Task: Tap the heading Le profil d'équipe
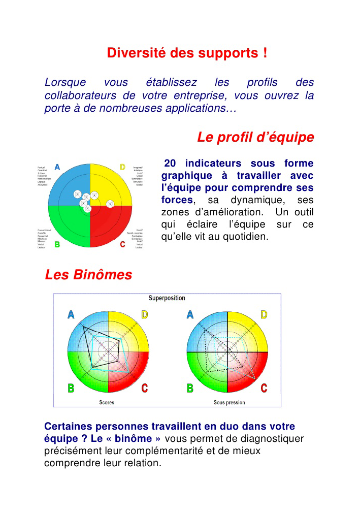coord(255,137)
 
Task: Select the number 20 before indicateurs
coord(171,164)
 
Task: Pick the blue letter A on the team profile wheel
coord(58,167)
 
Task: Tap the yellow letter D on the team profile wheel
coord(122,167)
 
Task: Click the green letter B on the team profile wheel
coord(58,245)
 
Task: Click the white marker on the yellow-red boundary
coord(110,204)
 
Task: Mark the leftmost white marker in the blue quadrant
coord(77,193)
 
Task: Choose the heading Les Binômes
coord(88,275)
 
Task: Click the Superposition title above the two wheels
coord(167,298)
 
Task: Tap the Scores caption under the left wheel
coord(107,403)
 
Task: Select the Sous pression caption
coord(229,403)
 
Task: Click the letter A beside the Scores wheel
coord(71,315)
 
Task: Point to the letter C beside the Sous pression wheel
coord(264,389)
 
